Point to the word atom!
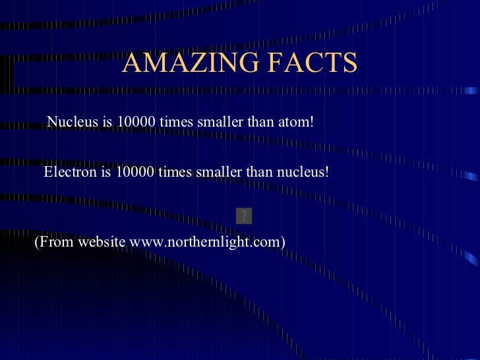[x=295, y=122]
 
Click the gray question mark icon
[x=243, y=215]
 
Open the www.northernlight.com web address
[x=208, y=242]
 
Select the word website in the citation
[x=102, y=242]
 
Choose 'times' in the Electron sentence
[x=175, y=172]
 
